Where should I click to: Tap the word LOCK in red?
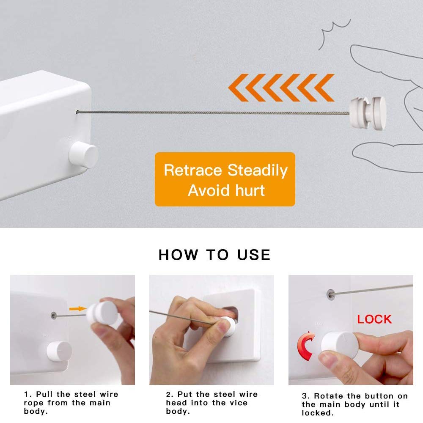(x=374, y=319)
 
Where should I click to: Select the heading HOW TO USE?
(x=214, y=255)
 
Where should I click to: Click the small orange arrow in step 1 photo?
(x=77, y=309)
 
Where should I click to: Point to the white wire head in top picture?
(x=367, y=113)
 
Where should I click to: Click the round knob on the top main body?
(x=83, y=155)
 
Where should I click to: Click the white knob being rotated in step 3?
(x=339, y=344)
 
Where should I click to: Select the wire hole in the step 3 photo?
(x=330, y=292)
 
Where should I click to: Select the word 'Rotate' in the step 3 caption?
(x=328, y=396)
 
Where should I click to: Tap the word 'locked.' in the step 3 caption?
(x=315, y=413)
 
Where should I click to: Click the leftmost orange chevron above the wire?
(x=236, y=88)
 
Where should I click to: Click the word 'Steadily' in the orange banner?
(x=257, y=170)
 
